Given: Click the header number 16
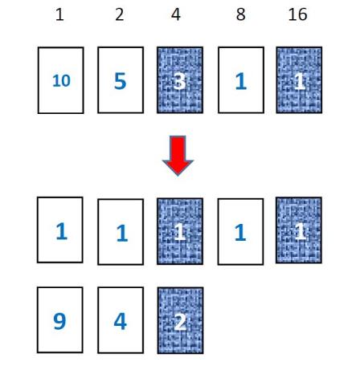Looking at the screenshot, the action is coord(297,14).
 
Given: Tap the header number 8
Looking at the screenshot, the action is coord(240,14).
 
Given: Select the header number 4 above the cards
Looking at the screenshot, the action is coord(176,14).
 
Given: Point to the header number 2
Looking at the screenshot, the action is coord(120,14).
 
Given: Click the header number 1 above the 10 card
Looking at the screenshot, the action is coord(59,14).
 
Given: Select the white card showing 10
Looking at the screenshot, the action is coord(61,80).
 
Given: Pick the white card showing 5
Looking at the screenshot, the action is coord(121,80).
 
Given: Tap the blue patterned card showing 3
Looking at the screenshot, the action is coord(180,80).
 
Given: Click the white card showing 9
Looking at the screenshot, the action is coord(60,320).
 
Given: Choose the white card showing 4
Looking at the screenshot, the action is coord(121,320).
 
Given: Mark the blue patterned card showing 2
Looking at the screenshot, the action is coord(180,320).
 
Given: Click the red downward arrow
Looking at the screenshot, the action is coord(178,156).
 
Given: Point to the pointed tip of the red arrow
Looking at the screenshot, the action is coord(178,176).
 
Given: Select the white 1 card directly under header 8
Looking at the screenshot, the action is coord(241,80).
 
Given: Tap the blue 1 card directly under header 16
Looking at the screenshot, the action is coord(299,80).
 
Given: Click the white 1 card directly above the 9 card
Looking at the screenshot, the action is coord(60,230).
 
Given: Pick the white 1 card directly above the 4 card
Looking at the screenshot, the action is coord(121,232).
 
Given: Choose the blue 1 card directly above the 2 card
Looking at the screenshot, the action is coord(180,231).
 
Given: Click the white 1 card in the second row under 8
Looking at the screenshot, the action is coord(240,232).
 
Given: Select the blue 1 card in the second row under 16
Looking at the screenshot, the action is coord(299,230).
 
